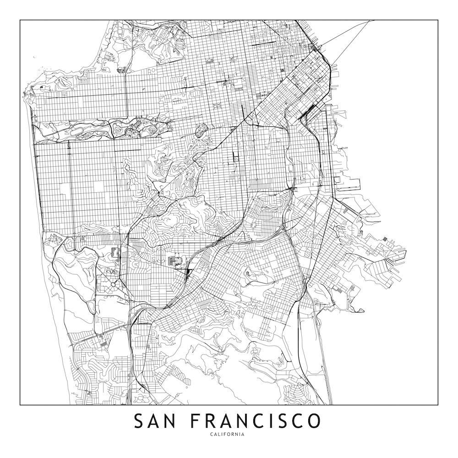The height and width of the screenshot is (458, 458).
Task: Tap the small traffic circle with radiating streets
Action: tap(113, 284)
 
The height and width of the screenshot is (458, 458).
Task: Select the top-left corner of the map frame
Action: tap(20, 20)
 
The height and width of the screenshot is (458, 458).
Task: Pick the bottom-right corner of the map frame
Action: tap(438, 405)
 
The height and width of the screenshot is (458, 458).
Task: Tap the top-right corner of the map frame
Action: tap(438, 20)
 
